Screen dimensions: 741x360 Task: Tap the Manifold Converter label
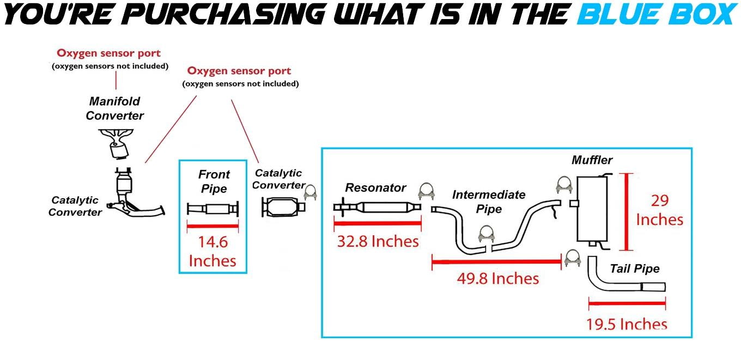114,108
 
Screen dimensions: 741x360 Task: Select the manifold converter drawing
116,144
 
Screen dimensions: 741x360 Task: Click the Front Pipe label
214,181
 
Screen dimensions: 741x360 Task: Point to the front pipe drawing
212,209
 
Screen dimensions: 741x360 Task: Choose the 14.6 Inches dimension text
212,251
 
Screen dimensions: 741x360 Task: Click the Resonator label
375,188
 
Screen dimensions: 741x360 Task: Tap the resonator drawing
377,208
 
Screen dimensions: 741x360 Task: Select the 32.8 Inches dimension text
378,241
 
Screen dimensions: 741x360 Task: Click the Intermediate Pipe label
489,202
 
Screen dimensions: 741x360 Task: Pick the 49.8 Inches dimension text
498,279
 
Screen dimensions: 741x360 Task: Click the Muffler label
592,160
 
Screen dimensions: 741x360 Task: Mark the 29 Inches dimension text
660,210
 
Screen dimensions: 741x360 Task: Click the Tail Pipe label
634,269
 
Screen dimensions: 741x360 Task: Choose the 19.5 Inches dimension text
627,324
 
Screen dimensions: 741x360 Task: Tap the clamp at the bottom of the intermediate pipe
486,234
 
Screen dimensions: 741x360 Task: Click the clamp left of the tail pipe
572,258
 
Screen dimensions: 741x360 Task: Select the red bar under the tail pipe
627,303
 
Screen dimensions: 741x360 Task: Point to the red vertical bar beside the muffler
626,211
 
